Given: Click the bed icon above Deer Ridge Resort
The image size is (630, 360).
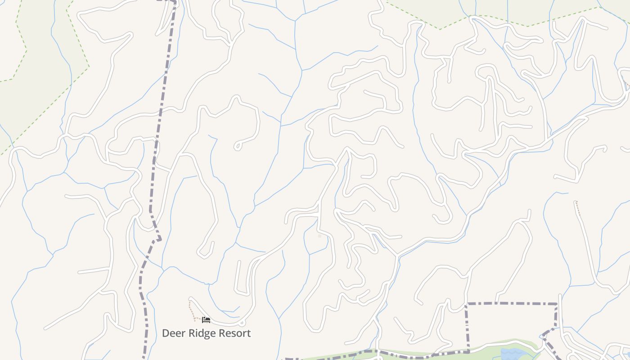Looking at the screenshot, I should [x=206, y=320].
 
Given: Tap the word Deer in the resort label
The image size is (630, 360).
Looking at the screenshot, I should [x=173, y=333].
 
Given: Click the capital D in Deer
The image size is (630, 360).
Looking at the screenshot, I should [x=166, y=333].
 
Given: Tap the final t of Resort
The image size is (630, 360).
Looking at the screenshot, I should [x=249, y=333].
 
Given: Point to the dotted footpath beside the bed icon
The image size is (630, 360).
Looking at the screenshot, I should [x=191, y=310].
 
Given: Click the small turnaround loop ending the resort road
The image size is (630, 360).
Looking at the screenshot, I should [x=242, y=323].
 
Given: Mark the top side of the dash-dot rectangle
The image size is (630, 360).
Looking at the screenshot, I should [x=513, y=304].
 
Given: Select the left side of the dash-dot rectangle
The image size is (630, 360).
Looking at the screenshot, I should [x=467, y=326].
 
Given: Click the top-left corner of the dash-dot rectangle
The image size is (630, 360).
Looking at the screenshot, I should [x=467, y=304].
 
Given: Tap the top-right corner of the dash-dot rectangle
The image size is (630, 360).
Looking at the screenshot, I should [x=557, y=304].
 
